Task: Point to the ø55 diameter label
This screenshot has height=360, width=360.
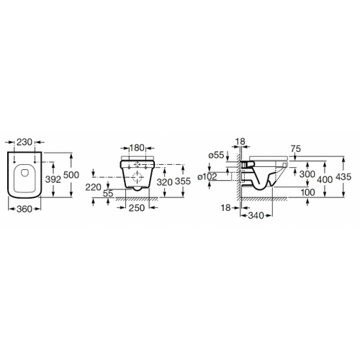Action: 217,155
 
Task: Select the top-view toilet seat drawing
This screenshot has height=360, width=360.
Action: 24,174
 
